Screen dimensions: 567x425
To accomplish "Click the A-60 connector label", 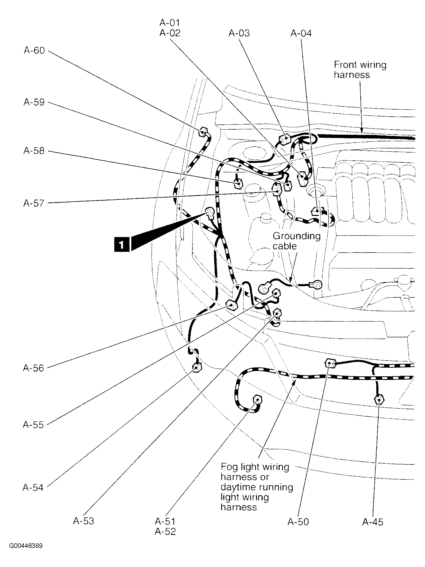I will (x=34, y=50).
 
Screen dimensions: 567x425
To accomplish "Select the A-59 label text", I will (x=34, y=102).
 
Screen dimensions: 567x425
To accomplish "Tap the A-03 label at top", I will (x=239, y=33).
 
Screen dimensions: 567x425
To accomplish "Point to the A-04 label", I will (x=301, y=33).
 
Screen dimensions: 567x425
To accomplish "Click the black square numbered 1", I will (x=121, y=244).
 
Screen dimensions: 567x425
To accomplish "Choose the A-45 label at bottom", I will (x=372, y=522).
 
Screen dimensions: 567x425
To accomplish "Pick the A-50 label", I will (x=298, y=522).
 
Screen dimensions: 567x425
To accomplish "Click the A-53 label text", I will (x=83, y=521).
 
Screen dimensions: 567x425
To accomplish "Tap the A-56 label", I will (x=33, y=368).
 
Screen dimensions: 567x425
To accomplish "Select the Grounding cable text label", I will (x=296, y=241).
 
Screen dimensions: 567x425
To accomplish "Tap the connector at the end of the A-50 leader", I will (x=330, y=364).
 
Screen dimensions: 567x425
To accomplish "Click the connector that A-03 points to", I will (x=284, y=139).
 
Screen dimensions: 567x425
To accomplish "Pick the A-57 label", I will (x=34, y=203).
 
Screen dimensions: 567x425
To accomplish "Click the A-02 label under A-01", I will (x=170, y=33).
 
